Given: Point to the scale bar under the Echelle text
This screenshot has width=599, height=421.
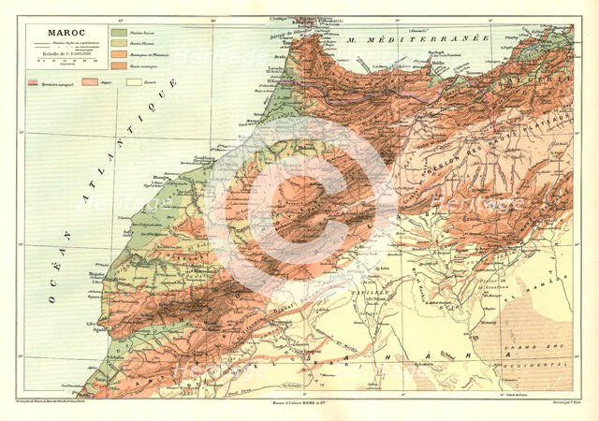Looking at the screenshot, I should [58, 64].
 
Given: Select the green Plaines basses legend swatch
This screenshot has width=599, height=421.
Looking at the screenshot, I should [118, 34].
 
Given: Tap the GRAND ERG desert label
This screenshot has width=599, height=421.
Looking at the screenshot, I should [543, 353].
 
